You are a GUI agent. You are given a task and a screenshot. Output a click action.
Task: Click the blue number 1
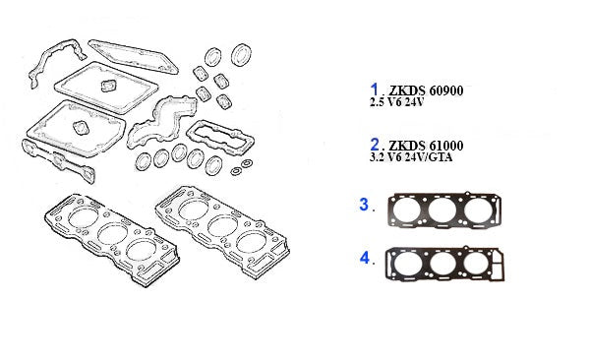pos(374,90)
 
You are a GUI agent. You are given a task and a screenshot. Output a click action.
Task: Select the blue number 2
pos(375,145)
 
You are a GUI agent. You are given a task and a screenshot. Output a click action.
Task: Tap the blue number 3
pos(364,205)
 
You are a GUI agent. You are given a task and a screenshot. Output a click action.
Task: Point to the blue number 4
pos(365,258)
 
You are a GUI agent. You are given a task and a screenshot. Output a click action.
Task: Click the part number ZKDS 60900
pos(426,90)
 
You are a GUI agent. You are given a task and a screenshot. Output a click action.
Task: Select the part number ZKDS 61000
pos(426,146)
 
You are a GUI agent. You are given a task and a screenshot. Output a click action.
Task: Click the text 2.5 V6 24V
pos(396,102)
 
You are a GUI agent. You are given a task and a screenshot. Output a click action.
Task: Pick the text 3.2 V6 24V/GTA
pos(411,157)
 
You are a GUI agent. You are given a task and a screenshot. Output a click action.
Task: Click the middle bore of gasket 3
pos(442,210)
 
